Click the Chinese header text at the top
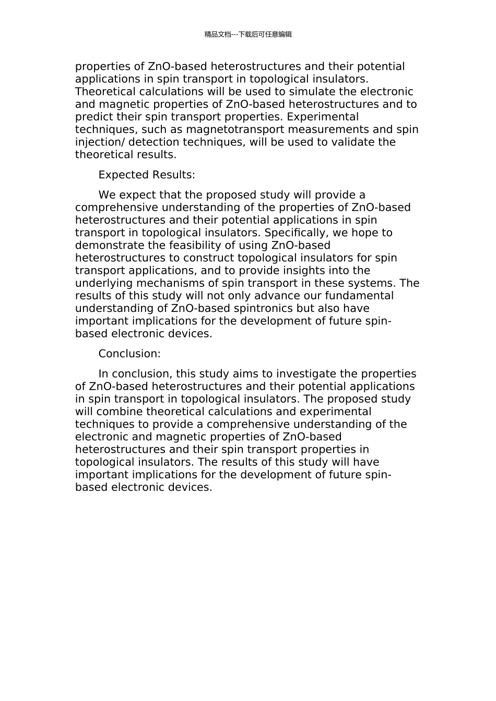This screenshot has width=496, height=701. (x=248, y=34)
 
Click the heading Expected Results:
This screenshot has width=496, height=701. (x=147, y=175)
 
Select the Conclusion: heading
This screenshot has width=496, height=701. (x=129, y=354)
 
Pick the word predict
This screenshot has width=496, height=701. (x=92, y=117)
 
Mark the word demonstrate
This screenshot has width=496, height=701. (x=109, y=245)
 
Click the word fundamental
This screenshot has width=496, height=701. (x=359, y=296)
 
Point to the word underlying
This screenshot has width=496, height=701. (x=104, y=283)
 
